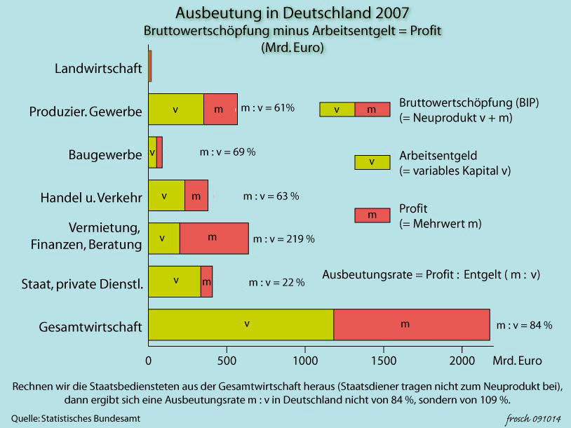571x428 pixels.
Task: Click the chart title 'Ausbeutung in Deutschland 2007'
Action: [x=293, y=13]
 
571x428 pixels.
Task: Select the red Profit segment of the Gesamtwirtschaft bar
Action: [x=411, y=325]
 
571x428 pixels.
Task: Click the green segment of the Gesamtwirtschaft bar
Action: [x=241, y=325]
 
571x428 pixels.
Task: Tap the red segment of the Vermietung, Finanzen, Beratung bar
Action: [x=213, y=239]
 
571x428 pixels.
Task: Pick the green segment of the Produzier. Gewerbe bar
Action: [x=176, y=109]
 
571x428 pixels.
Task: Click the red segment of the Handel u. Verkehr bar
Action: [x=196, y=196]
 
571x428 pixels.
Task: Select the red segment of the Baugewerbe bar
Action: [x=159, y=152]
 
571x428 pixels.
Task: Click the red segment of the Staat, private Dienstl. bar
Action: [x=206, y=281]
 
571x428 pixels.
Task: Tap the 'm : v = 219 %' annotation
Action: [x=283, y=239]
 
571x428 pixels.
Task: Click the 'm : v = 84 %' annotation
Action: [x=524, y=326]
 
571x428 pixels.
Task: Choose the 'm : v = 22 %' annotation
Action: [x=276, y=283]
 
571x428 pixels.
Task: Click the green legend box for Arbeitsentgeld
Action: [x=372, y=162]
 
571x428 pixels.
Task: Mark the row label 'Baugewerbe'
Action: [x=105, y=154]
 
